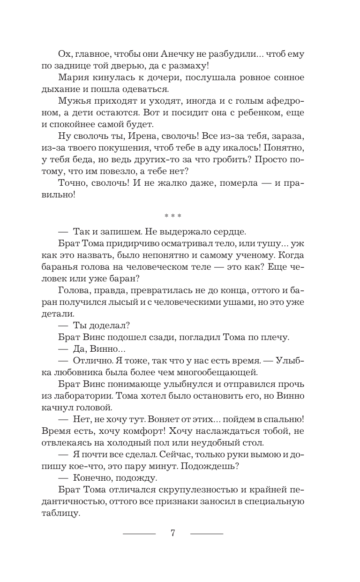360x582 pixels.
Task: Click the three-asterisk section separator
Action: [173, 216]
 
